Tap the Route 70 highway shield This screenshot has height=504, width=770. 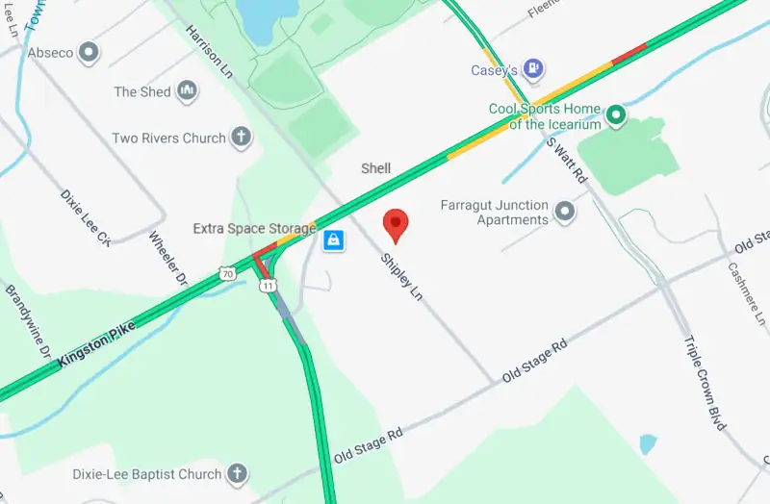click(x=226, y=274)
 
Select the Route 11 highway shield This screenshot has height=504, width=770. click(x=269, y=287)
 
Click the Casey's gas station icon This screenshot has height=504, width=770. click(x=534, y=69)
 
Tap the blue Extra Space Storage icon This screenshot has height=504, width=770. click(x=333, y=239)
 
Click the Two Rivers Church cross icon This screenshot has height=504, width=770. click(x=241, y=138)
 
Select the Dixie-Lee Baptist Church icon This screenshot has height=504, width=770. click(x=237, y=474)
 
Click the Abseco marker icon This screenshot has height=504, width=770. click(x=90, y=52)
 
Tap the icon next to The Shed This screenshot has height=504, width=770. click(x=187, y=91)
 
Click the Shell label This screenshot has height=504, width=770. click(x=375, y=168)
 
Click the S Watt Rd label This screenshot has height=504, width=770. click(x=566, y=159)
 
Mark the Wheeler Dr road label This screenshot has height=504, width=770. click(x=167, y=258)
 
